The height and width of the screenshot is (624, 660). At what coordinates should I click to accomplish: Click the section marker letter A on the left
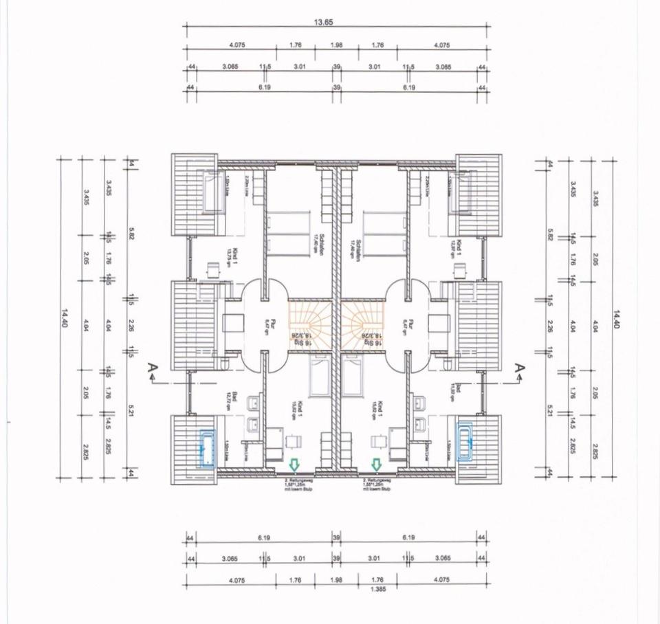(x=151, y=371)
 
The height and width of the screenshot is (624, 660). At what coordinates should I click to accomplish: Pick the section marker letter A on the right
(x=520, y=371)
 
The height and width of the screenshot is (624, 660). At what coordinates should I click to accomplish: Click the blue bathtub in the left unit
(x=206, y=449)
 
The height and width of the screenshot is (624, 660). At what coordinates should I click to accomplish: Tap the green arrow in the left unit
(x=294, y=465)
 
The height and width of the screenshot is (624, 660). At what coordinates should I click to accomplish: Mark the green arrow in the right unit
(x=376, y=465)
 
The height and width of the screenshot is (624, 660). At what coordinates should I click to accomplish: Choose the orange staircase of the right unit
(x=362, y=325)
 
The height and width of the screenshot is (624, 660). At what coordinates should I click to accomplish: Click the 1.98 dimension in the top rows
(x=336, y=45)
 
